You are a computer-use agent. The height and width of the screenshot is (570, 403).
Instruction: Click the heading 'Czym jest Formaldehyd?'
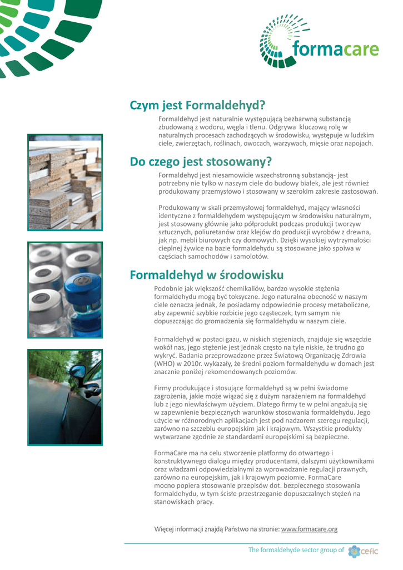197,105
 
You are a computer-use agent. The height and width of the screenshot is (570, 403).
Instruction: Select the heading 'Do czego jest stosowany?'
201,162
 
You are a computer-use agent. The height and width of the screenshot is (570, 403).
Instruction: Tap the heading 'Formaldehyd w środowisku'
206,275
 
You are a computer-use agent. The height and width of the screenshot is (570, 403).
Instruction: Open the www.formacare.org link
310,529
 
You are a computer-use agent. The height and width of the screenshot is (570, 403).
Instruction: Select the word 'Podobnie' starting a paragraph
169,288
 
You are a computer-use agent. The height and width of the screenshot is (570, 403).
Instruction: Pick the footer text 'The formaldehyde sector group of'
296,550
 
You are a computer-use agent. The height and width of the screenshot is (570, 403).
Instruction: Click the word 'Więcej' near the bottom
164,529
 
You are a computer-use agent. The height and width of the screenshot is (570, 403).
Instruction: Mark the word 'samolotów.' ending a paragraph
250,257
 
